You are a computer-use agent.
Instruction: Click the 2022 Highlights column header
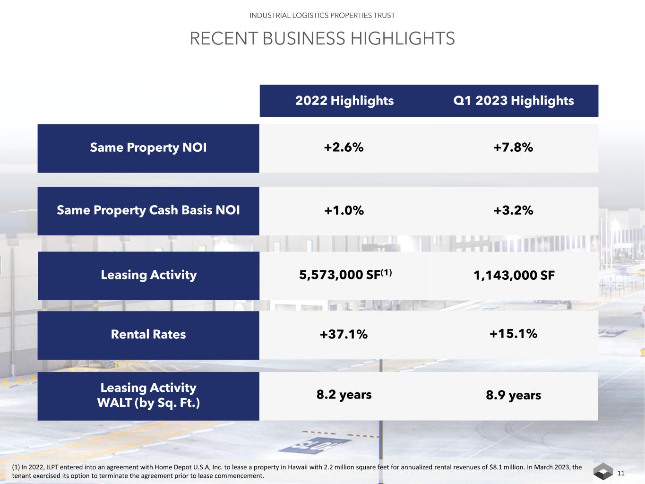point(344,101)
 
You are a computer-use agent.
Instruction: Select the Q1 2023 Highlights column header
point(513,101)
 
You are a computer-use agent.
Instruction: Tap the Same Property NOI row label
point(148,147)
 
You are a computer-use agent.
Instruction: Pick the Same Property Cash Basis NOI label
point(148,210)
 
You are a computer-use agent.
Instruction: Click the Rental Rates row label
point(148,334)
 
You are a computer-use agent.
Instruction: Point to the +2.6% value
point(344,147)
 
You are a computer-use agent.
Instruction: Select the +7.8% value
point(513,147)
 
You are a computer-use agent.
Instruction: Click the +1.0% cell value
point(344,210)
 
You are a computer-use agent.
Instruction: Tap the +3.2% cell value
point(513,210)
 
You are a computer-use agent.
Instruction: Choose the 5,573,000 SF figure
point(339,275)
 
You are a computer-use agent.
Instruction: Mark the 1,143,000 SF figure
point(514,275)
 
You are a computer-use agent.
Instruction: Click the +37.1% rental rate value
point(344,335)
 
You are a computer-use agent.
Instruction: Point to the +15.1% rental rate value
point(513,334)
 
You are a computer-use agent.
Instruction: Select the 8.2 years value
point(344,395)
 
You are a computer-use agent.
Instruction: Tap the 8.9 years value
point(513,395)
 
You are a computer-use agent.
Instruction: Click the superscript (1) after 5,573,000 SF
point(387,272)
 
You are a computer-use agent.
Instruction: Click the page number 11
point(621,473)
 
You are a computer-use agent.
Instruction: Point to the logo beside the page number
point(603,472)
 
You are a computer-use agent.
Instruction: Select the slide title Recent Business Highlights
point(322,38)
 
